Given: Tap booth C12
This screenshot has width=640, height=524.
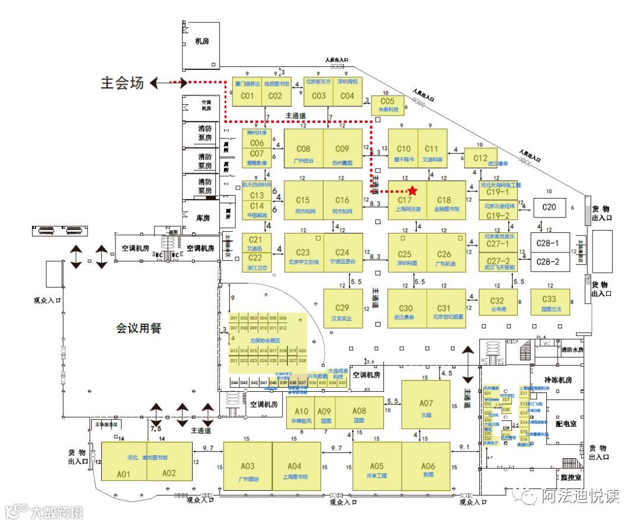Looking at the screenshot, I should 480,158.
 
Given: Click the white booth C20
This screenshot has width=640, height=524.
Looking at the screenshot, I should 549,207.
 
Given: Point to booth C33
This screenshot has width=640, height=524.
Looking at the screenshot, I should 549,302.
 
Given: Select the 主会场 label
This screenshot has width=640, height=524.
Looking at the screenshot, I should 123,83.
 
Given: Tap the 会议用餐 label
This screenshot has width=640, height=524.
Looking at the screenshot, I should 139,328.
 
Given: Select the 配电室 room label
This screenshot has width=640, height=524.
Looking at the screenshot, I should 567,424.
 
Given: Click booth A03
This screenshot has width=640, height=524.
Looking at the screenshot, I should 248,467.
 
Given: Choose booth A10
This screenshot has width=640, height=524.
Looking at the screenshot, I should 302,413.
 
